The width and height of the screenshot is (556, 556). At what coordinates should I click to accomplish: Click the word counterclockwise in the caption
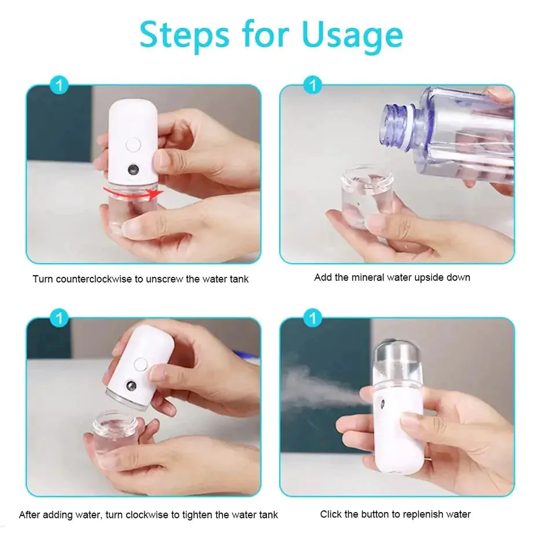94,279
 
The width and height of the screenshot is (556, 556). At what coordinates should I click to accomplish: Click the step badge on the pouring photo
313,86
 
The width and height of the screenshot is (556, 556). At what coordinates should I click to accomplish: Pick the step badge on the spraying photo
313,318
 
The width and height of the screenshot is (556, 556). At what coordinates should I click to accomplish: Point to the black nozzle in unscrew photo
133,170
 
